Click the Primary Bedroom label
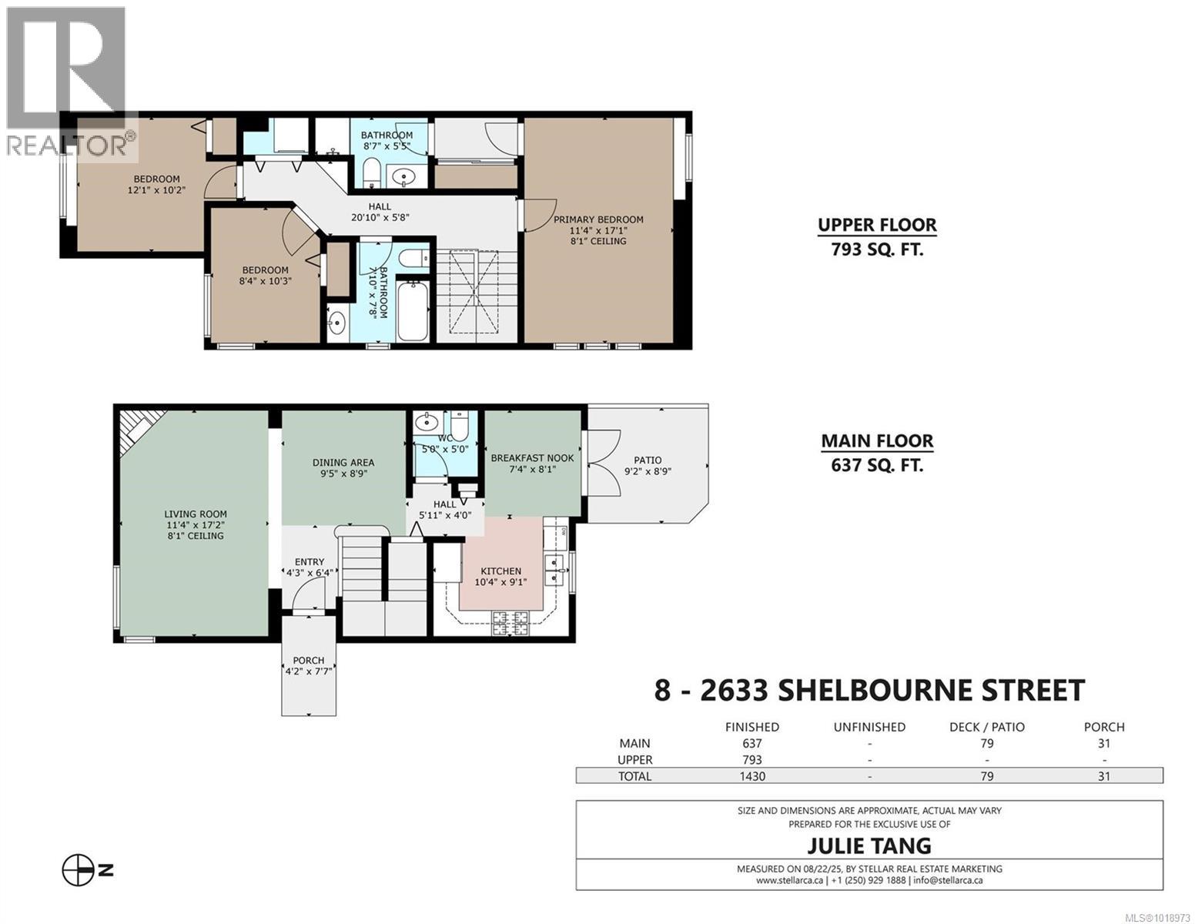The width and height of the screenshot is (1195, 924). click(598, 219)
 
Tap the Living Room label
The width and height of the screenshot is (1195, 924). click(196, 514)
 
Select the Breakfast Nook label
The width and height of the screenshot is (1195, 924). click(532, 458)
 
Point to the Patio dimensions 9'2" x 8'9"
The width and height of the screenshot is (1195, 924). click(648, 472)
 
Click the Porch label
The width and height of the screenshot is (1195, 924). click(308, 661)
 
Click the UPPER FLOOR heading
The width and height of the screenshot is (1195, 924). click(877, 225)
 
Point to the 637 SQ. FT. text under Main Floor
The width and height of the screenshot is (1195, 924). click(877, 465)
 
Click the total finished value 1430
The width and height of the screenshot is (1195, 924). click(751, 776)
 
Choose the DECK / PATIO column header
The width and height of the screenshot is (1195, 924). click(986, 727)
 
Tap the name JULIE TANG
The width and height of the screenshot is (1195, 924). click(869, 845)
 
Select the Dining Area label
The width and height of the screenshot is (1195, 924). click(343, 463)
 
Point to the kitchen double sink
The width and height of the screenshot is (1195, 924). click(555, 569)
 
